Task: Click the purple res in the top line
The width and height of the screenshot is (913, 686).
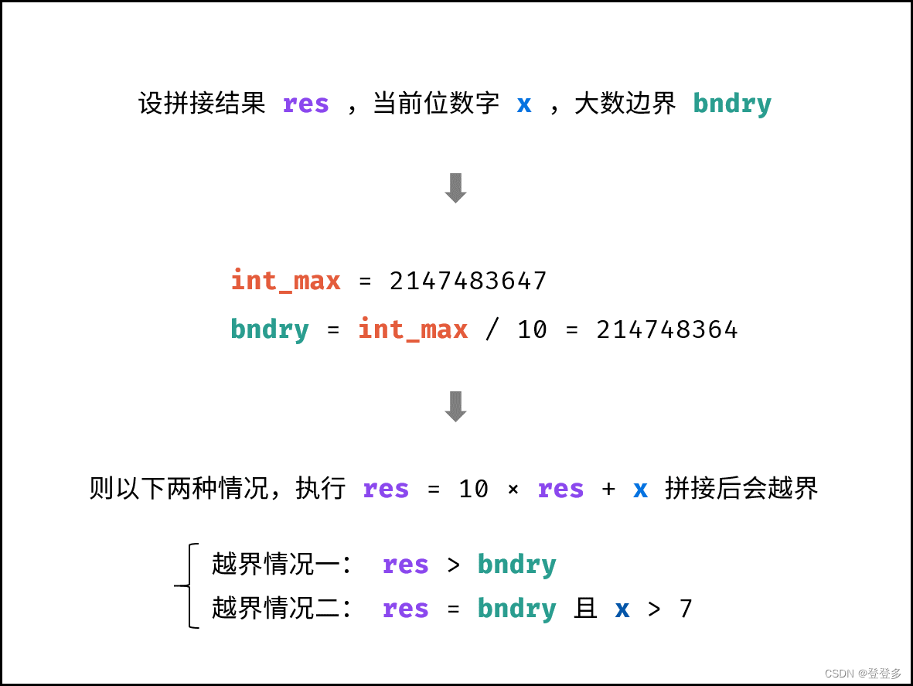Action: tap(306, 104)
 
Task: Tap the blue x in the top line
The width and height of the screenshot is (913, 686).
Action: tap(524, 104)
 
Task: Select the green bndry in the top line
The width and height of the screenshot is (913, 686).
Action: tap(732, 104)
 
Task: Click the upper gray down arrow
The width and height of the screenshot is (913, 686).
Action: tap(455, 188)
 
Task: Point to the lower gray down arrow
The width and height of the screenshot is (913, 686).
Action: tap(455, 406)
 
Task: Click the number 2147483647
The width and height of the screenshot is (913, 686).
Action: tap(468, 281)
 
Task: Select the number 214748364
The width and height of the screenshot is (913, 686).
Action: tap(667, 330)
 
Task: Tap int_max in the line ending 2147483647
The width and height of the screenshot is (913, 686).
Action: tap(286, 281)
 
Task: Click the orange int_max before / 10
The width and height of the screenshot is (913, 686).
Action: tap(413, 330)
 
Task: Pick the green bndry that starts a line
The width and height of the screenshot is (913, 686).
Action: tap(270, 330)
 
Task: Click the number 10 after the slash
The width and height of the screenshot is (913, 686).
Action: tap(532, 330)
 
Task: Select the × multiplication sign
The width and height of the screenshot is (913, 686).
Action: tap(513, 490)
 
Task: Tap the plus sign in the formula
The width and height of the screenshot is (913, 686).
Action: tap(608, 490)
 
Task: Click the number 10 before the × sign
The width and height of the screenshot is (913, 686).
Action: tap(473, 490)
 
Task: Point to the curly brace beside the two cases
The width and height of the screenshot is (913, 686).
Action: tap(187, 585)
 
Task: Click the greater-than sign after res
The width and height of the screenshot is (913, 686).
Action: tap(454, 565)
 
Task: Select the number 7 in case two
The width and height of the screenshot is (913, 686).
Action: tap(685, 609)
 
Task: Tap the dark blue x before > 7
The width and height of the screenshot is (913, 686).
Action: tap(622, 609)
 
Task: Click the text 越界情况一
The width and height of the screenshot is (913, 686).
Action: tap(281, 565)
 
